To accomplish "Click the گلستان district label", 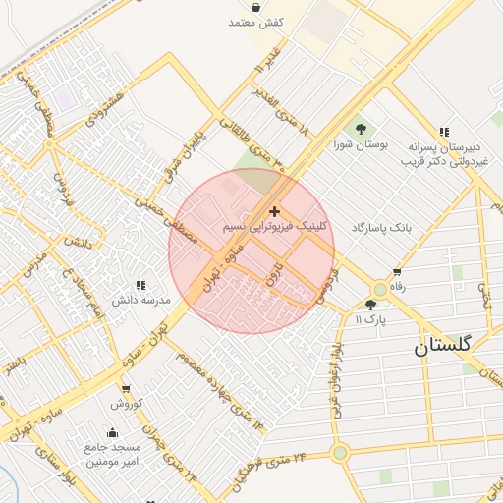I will pos(442,346).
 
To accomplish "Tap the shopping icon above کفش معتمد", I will pos(256,8).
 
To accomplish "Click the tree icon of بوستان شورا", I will pos(361,129).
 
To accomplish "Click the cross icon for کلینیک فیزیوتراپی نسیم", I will pos(273,211).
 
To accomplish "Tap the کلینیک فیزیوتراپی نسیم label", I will pos(276,226).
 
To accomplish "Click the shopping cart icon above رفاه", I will pos(397,272).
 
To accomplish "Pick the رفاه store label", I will pos(398,287).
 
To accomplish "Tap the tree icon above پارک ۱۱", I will pos(370,305).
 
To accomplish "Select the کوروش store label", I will pos(127,403).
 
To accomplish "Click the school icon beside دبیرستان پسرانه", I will pos(444,132).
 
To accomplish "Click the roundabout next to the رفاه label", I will pos(380,290).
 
